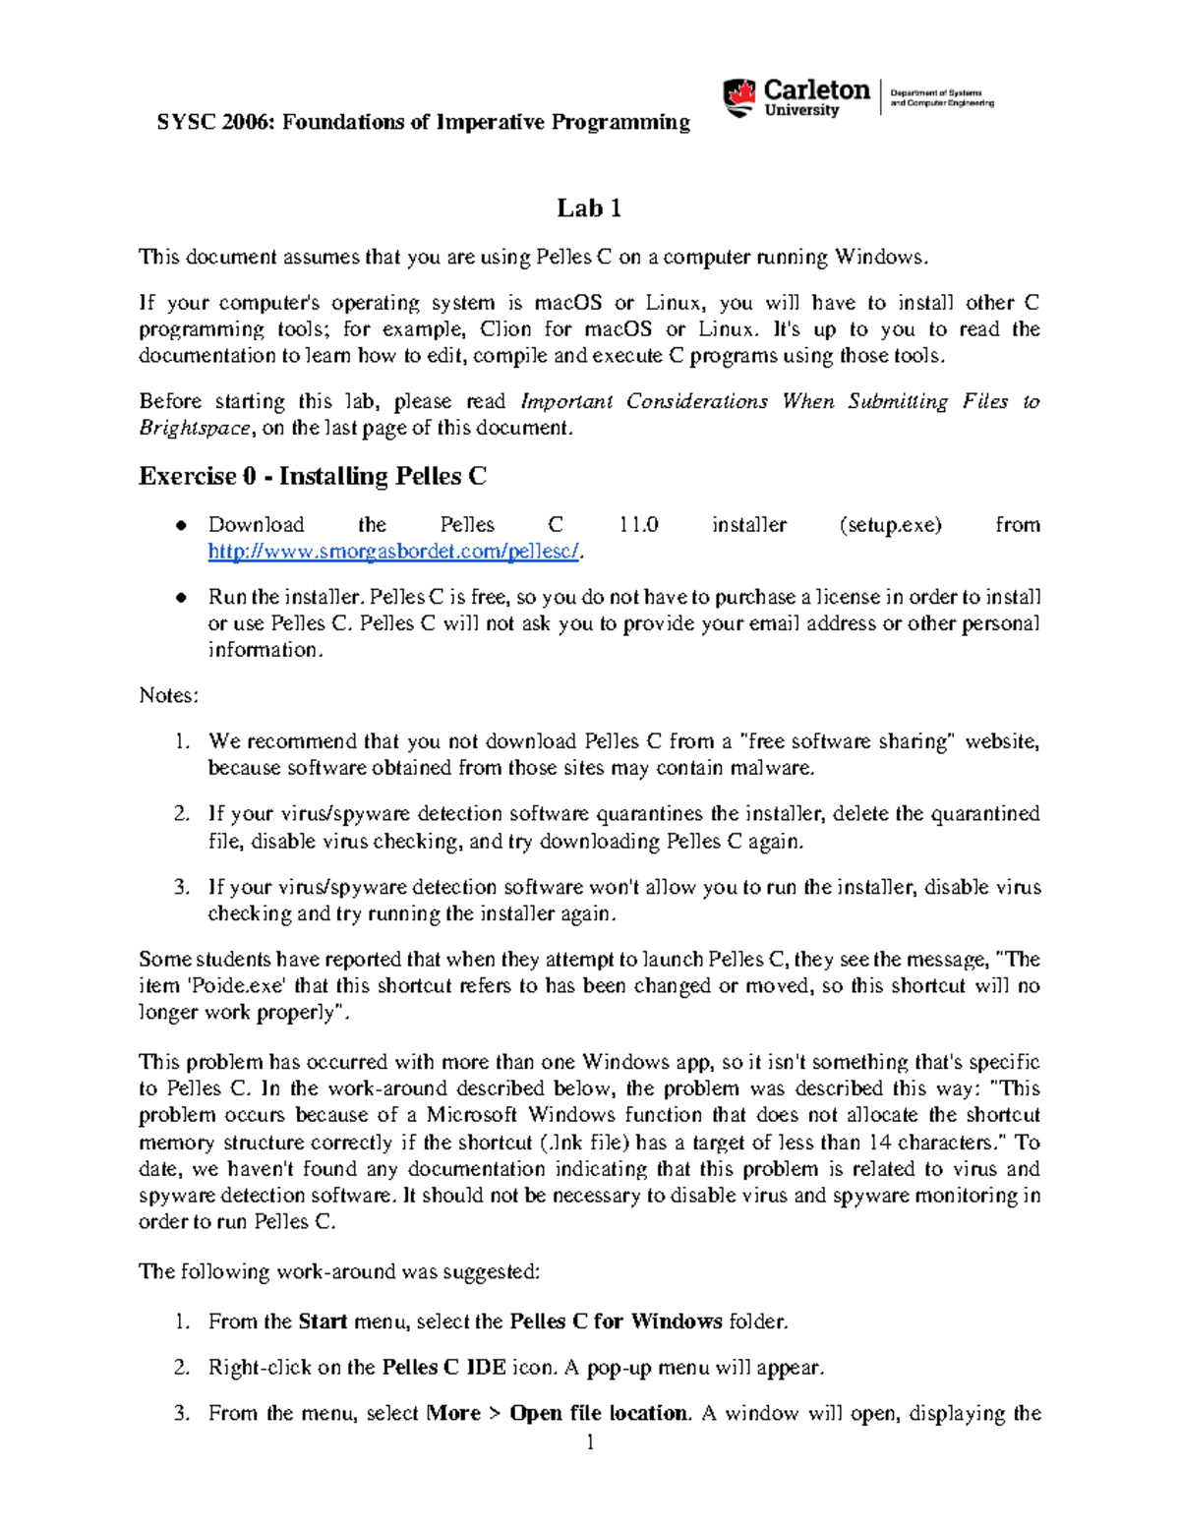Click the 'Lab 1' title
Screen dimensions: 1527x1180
coord(589,208)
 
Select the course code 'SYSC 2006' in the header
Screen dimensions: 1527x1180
coord(210,123)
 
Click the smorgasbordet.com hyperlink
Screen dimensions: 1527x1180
coord(394,552)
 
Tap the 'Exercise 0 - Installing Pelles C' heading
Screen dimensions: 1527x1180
coord(313,477)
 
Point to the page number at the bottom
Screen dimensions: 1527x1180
coord(590,1443)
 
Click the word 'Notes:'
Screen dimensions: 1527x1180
coord(168,696)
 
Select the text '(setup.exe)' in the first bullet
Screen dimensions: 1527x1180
coord(890,525)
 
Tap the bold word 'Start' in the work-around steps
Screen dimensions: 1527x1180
coord(323,1321)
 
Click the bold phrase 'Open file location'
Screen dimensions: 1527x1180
coord(598,1414)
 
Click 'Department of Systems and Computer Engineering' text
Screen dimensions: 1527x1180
coord(941,97)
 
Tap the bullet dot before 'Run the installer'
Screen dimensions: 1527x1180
coord(181,598)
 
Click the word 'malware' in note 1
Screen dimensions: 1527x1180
coord(777,768)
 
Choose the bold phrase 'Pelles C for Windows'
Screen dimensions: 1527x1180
coord(617,1321)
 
